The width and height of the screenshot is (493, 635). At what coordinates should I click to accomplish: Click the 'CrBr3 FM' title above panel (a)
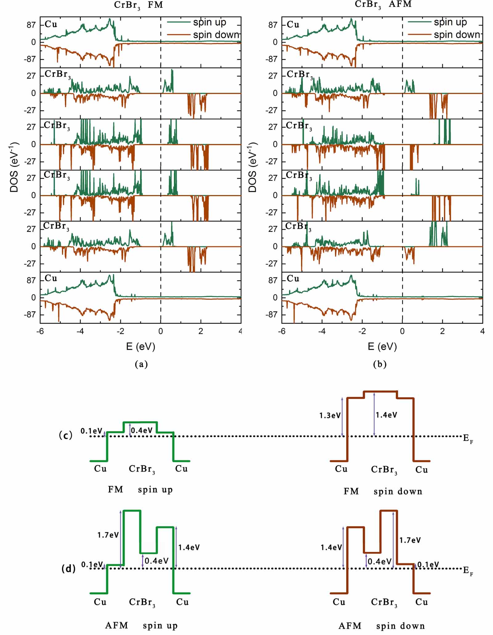[x=138, y=5]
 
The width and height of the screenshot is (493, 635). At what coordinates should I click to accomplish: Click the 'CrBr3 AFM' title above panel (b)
[x=383, y=5]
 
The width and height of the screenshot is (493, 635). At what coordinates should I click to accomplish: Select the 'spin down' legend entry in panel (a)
[x=216, y=35]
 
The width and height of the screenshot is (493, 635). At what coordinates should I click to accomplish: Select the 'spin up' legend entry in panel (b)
[x=450, y=22]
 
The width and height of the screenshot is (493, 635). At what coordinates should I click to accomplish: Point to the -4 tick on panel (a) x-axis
[x=80, y=331]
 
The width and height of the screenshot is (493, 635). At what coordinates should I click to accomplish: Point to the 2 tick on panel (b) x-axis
[x=442, y=331]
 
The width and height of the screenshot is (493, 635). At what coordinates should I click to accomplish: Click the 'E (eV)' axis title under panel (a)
[x=141, y=346]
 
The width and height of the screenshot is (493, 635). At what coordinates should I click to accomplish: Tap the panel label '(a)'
[x=141, y=364]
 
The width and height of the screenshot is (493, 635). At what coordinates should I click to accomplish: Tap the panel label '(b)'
[x=380, y=364]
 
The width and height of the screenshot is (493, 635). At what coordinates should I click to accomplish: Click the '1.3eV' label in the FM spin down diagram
[x=330, y=415]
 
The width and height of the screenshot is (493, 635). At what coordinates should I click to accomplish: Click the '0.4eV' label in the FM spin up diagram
[x=142, y=430]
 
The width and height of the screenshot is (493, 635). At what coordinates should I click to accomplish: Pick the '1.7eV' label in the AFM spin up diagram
[x=108, y=535]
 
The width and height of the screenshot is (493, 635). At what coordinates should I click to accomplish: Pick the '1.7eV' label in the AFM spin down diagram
[x=410, y=540]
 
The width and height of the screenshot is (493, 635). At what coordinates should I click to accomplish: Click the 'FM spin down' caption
[x=383, y=491]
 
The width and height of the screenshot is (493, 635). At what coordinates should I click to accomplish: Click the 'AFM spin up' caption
[x=141, y=625]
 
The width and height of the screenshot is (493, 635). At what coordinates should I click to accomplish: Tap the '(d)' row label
[x=68, y=568]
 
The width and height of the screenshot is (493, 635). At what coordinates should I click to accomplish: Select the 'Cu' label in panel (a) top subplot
[x=51, y=24]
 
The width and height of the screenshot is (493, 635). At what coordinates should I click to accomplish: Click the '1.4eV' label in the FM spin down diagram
[x=386, y=415]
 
